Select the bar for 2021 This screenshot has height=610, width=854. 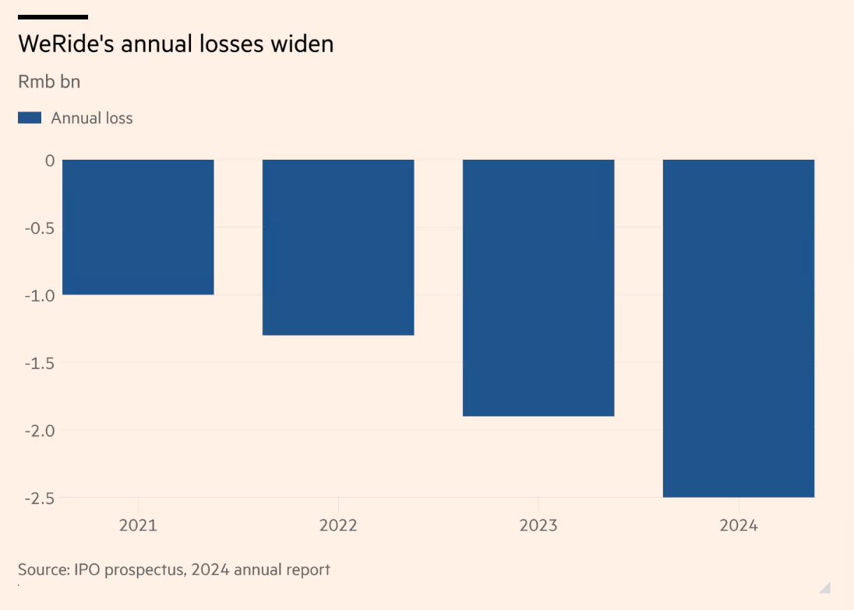[138, 227]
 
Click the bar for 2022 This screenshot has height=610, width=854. [338, 247]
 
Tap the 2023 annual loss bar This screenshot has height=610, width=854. [538, 287]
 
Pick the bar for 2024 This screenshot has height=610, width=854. [739, 328]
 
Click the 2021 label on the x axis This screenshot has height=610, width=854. [138, 526]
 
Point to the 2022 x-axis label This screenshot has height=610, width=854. [338, 526]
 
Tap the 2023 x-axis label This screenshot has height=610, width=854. [538, 526]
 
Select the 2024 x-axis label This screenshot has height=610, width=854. [739, 526]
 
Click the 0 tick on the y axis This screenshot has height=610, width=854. [49, 160]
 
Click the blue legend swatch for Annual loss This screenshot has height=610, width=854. [30, 118]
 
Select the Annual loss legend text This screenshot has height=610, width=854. [92, 118]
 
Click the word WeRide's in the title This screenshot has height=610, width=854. [65, 44]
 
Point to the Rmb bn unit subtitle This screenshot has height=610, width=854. [49, 82]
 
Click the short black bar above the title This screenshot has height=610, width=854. [53, 16]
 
